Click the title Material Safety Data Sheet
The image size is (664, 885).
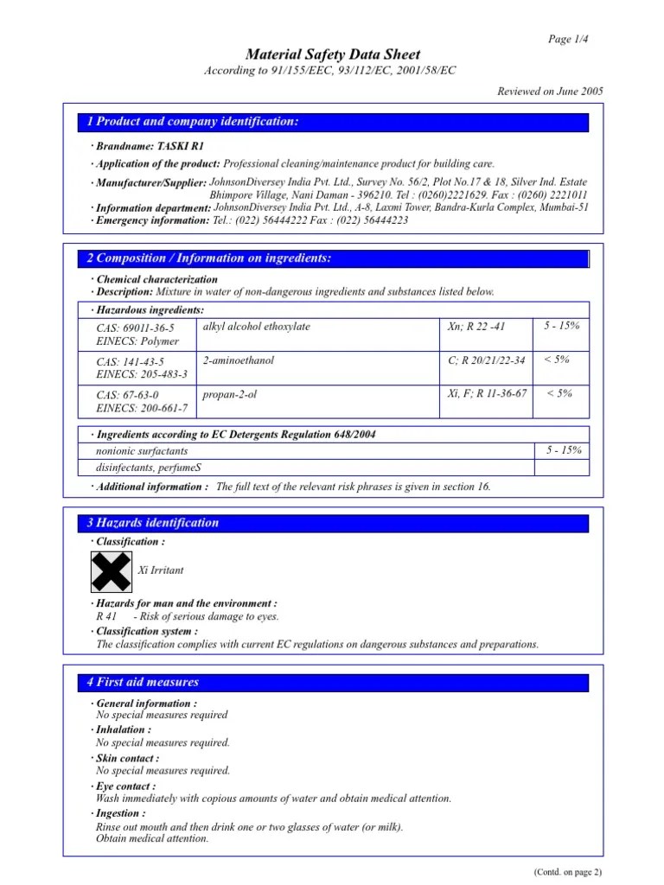[x=332, y=54]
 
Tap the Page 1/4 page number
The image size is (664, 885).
[x=568, y=38]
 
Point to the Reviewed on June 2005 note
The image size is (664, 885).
[x=551, y=91]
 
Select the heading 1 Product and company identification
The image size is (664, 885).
[x=193, y=122]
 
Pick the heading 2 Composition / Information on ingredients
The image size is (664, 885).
[x=209, y=258]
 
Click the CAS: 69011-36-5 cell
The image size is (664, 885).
[x=136, y=328]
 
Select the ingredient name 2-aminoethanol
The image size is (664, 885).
[x=238, y=360]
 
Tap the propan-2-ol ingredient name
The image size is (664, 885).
[x=230, y=394]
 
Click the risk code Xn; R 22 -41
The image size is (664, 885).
[x=476, y=327]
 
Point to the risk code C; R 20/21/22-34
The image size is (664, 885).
[x=486, y=360]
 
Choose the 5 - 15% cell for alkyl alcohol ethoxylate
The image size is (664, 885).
[x=562, y=326]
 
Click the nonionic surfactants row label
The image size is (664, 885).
[x=142, y=451]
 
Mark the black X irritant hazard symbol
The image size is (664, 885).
[x=112, y=570]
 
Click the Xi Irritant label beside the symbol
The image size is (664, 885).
[x=161, y=571]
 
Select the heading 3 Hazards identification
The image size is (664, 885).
[x=152, y=523]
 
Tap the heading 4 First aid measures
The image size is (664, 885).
[x=143, y=682]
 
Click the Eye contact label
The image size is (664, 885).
[x=126, y=786]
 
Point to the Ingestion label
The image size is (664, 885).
[x=121, y=813]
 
